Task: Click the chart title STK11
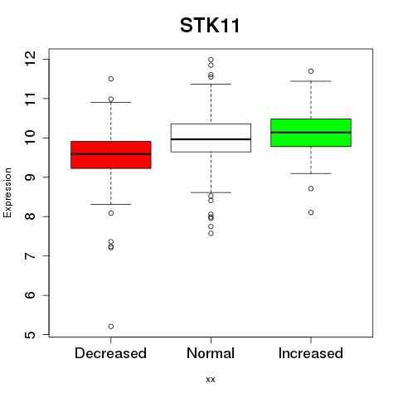210,26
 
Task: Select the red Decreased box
111,155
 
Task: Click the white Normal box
211,138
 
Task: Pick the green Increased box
311,133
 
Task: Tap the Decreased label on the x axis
110,353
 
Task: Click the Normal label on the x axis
211,353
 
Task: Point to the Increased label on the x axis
311,353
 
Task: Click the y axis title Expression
7,192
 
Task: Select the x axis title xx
211,380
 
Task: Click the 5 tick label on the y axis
30,335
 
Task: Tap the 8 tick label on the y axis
30,216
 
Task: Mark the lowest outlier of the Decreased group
111,327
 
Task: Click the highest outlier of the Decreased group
111,79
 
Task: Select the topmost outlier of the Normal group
211,60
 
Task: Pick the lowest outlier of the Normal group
211,234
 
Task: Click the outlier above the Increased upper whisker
311,71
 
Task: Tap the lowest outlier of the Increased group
311,212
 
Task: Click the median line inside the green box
311,133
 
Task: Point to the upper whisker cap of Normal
211,84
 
